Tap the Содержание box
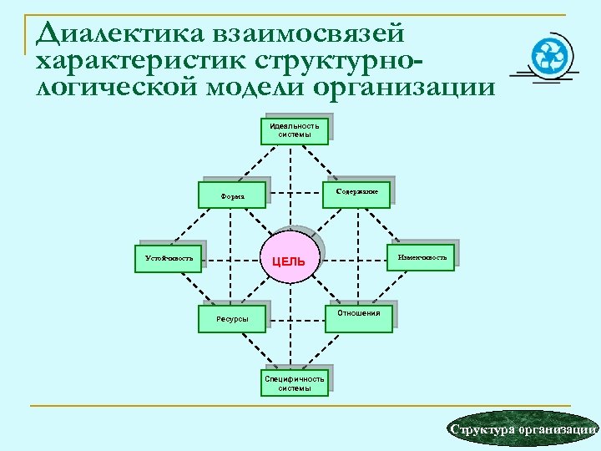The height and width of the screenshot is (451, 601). (357, 193)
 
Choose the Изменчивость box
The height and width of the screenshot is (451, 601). (422, 258)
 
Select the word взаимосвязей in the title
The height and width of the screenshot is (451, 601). (308, 33)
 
